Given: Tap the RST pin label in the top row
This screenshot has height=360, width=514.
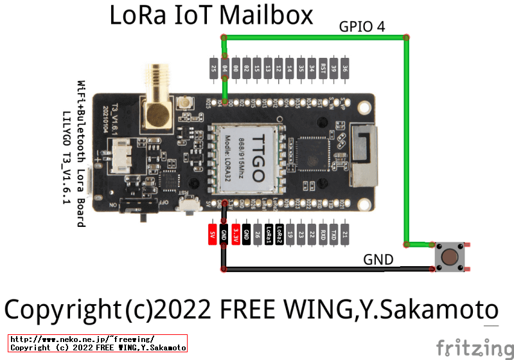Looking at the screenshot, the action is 323,68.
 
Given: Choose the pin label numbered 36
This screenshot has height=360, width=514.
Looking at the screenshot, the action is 345,68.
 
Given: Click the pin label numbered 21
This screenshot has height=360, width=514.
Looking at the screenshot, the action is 345,235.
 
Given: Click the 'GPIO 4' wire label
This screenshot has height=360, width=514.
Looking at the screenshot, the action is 362,26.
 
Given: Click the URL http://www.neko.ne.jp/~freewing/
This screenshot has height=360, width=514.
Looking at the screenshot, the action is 83,339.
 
